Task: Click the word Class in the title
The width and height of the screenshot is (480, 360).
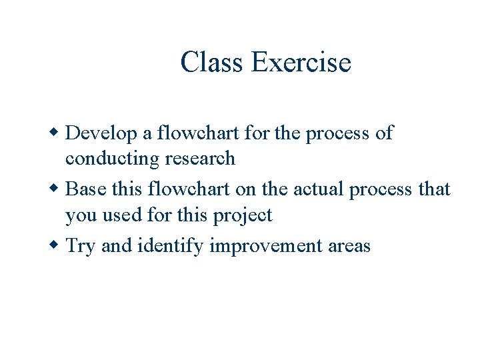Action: pyautogui.click(x=213, y=63)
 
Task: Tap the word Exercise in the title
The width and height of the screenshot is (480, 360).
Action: pyautogui.click(x=301, y=63)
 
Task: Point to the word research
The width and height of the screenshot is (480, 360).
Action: pyautogui.click(x=202, y=159)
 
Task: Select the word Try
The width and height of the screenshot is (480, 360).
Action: pyautogui.click(x=81, y=246)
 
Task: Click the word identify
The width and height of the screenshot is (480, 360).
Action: pyautogui.click(x=170, y=246)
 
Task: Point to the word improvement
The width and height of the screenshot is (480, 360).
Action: pyautogui.click(x=265, y=246)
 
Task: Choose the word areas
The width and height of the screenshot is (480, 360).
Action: pyautogui.click(x=349, y=246)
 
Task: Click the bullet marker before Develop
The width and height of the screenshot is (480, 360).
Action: pyautogui.click(x=55, y=133)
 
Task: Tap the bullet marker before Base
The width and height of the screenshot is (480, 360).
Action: pyautogui.click(x=55, y=189)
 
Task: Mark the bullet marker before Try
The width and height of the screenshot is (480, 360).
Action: pyautogui.click(x=55, y=246)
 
